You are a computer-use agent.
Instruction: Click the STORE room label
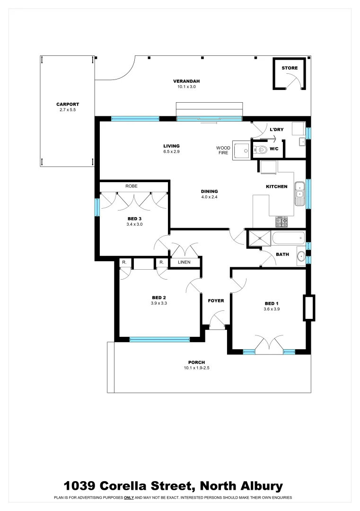pos(290,68)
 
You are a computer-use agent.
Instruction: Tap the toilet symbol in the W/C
pos(261,150)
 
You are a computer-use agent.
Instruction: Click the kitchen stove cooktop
pos(281,221)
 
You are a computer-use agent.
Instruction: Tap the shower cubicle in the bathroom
pos(259,238)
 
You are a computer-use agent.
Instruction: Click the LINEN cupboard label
pos(184,262)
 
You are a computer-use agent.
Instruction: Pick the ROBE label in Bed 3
pos(132,186)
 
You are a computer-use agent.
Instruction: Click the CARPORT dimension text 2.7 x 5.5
pos(68,110)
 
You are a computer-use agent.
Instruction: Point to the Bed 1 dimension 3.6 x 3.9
pos(272,309)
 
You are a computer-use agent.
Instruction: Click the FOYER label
pos(216,300)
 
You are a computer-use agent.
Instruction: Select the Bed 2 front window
pos(159,339)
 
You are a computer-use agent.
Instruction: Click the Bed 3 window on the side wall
pos(97,207)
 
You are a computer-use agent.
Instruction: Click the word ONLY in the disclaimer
pos(129,498)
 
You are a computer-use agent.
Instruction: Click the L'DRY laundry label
pos(276,129)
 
